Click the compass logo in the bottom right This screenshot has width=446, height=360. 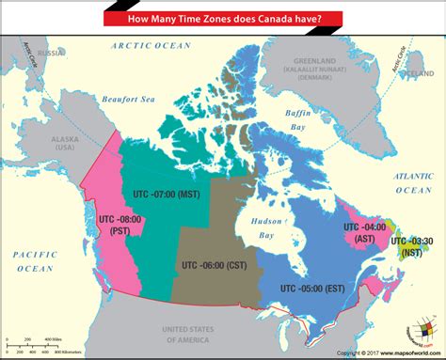point(413,332)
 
